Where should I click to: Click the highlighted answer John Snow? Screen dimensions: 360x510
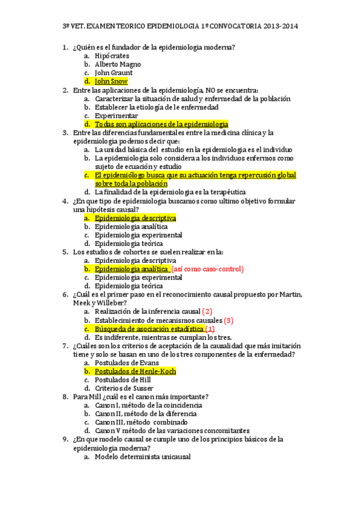(111, 81)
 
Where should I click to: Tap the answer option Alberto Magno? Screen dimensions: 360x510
(118, 64)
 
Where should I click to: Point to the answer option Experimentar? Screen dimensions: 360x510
(117, 115)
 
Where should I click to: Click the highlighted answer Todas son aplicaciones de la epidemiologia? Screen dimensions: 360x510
(161, 124)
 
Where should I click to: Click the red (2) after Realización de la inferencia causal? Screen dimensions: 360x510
(207, 312)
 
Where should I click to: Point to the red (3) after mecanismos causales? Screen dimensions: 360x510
(228, 321)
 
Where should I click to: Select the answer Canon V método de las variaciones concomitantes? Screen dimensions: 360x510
(172, 431)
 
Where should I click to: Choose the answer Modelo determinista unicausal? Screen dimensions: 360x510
(142, 457)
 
